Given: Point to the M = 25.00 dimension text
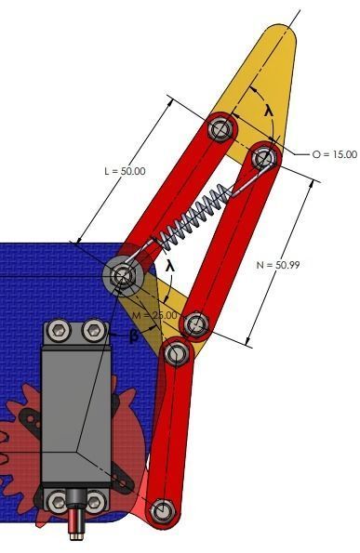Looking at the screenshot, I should point(153,316).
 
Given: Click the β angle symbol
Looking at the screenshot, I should point(133,336).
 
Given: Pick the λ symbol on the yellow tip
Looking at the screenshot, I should point(269,110).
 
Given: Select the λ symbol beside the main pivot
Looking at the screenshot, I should point(169,266).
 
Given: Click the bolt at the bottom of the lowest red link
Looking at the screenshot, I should point(163,509).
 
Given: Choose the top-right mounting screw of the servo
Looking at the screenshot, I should point(93,331).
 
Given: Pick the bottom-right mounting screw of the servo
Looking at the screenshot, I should point(93,501).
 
